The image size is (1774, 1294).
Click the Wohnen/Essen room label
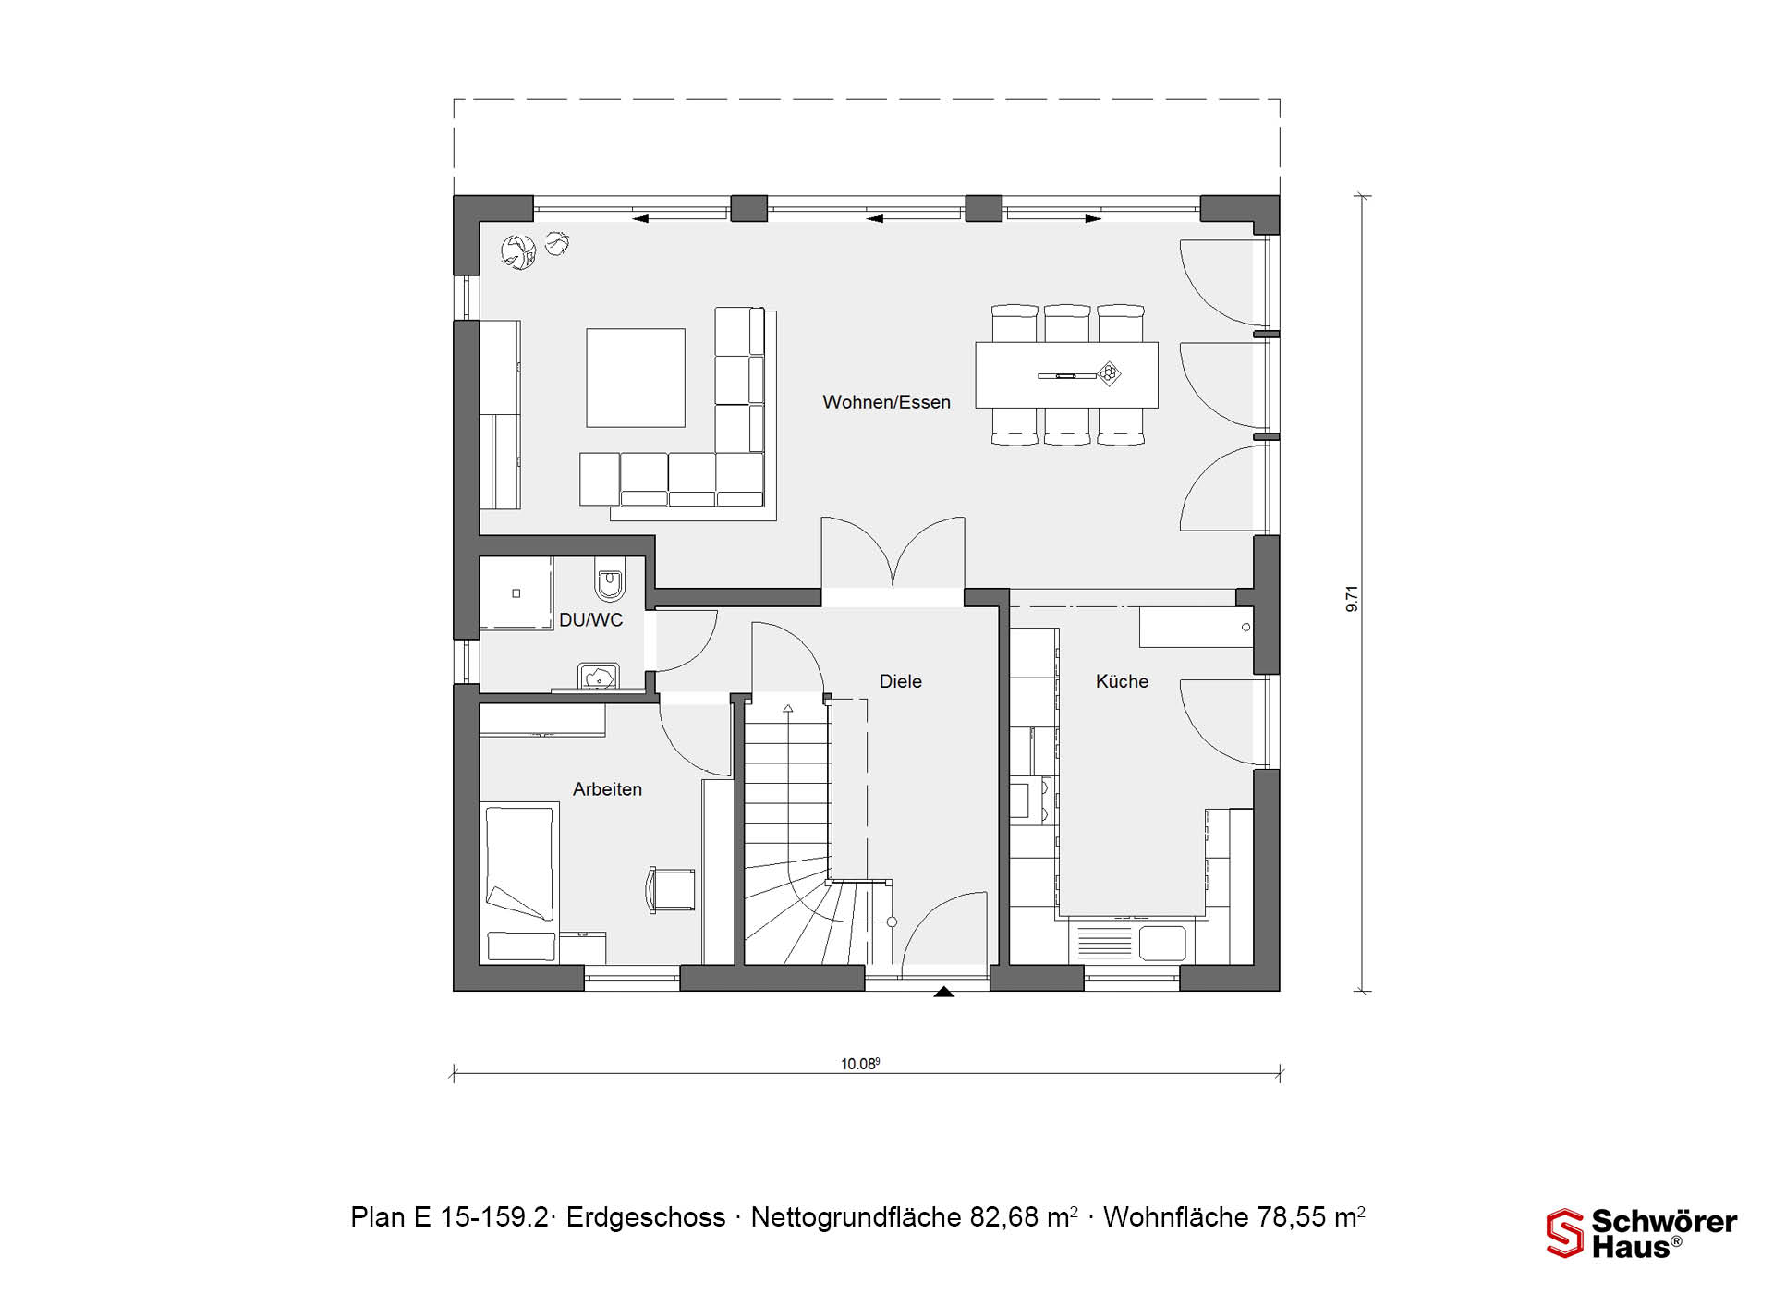(x=886, y=402)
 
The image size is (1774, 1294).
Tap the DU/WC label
(x=590, y=620)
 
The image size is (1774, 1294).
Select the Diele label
(x=901, y=681)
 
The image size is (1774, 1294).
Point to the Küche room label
(x=1122, y=681)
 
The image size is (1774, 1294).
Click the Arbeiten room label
(x=607, y=789)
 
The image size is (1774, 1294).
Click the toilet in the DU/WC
(x=610, y=580)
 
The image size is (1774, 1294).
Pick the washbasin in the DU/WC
(x=598, y=676)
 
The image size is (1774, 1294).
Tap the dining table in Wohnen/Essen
(x=1067, y=374)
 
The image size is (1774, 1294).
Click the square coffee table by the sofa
(x=636, y=377)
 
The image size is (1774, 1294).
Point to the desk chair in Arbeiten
(x=671, y=890)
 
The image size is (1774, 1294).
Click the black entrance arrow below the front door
(x=943, y=992)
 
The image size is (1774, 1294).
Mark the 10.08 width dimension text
(x=860, y=1064)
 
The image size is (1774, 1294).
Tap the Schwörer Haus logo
(x=1642, y=1233)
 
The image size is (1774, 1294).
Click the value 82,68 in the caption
(x=1004, y=1217)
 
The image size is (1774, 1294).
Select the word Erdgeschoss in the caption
(x=646, y=1217)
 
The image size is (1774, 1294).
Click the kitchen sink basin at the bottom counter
(x=1162, y=944)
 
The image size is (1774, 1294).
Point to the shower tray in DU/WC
(x=516, y=592)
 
